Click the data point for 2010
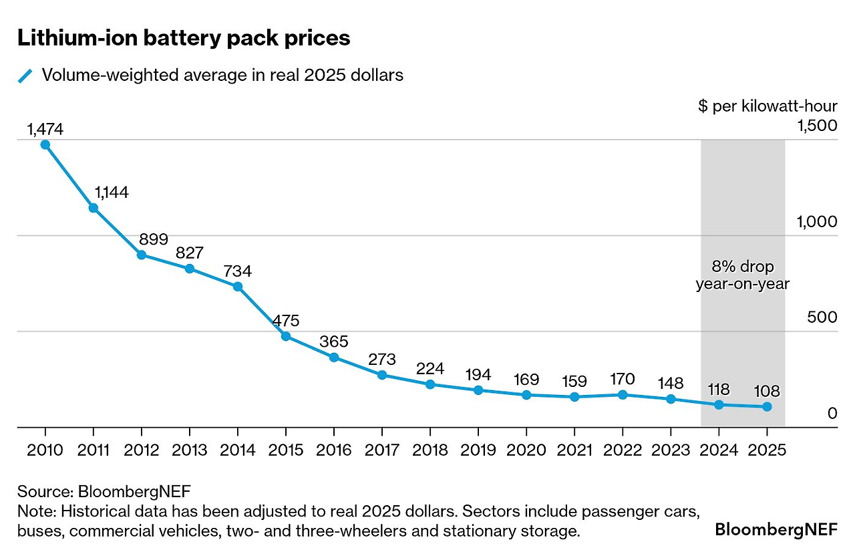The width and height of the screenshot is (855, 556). [x=45, y=144]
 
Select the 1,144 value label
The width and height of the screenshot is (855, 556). [x=111, y=192]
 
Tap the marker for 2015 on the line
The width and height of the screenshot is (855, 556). [x=286, y=336]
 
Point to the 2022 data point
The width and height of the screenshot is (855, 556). [x=623, y=395]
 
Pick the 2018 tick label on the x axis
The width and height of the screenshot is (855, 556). [x=430, y=450]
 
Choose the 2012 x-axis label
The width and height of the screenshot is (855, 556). [x=142, y=450]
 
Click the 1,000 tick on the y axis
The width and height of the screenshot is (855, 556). [x=816, y=222]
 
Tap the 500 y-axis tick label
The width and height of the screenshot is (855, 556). [x=822, y=317]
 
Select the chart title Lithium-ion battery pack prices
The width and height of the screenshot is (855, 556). [x=184, y=38]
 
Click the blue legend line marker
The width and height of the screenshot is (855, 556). [x=25, y=76]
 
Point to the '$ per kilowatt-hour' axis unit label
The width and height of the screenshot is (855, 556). [x=767, y=106]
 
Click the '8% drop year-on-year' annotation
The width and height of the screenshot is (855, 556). [x=743, y=275]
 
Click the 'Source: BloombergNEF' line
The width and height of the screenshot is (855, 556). [x=104, y=492]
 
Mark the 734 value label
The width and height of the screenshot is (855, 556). [x=237, y=272]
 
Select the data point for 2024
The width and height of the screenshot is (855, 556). [x=719, y=405]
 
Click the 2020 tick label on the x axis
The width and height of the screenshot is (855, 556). [x=526, y=450]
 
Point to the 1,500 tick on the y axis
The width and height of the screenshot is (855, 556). [x=816, y=126]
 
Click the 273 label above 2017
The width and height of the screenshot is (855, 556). [x=382, y=360]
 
